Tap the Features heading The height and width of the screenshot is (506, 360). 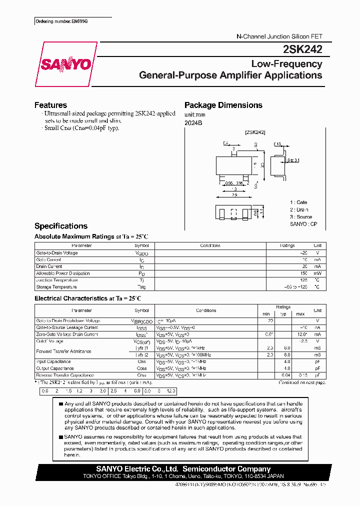coord(50,105)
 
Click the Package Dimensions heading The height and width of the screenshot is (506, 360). coord(223,105)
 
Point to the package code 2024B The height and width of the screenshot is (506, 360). coord(193,122)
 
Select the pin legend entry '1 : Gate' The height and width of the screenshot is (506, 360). coord(299,202)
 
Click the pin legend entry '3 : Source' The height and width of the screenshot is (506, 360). coord(301,217)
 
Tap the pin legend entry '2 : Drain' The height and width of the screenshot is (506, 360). coord(299,210)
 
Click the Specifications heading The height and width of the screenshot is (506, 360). coord(60,226)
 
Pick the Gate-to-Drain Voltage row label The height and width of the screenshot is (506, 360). coord(57,253)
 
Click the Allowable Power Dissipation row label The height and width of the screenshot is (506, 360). coord(63,273)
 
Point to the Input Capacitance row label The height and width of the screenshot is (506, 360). coord(53,361)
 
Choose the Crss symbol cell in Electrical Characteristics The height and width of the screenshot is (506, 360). coord(141,375)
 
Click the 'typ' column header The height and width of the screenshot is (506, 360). coord(284,314)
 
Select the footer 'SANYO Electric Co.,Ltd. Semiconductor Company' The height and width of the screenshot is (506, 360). coord(183,469)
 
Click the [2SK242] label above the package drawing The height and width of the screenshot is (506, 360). coord(255,132)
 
